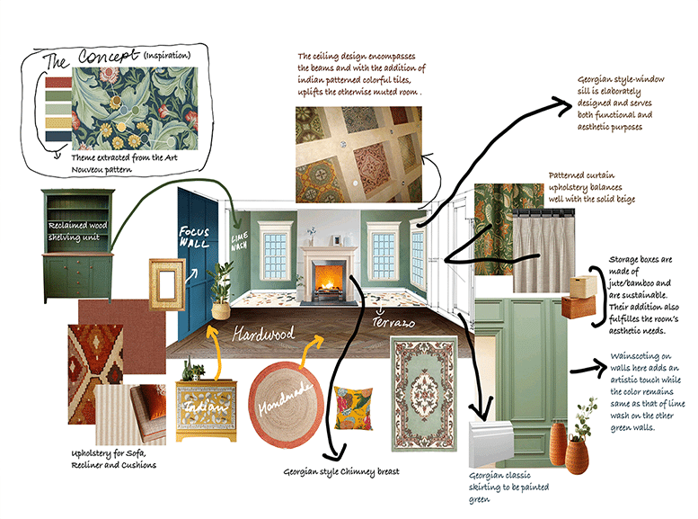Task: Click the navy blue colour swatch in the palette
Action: pyautogui.click(x=58, y=137)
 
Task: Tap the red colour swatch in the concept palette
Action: pyautogui.click(x=58, y=83)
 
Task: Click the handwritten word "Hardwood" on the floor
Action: pyautogui.click(x=263, y=334)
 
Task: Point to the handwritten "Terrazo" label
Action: pyautogui.click(x=393, y=322)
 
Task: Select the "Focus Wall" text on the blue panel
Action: pyautogui.click(x=194, y=237)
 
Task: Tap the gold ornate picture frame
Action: pyautogui.click(x=166, y=284)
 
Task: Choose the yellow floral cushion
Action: pyautogui.click(x=353, y=408)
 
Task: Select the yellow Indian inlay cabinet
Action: pyautogui.click(x=206, y=409)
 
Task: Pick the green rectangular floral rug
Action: pyautogui.click(x=424, y=394)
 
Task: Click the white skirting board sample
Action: pyautogui.click(x=491, y=443)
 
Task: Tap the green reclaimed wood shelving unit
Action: pyautogui.click(x=78, y=246)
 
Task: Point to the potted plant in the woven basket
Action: pyautogui.click(x=221, y=291)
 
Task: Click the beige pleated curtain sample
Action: pyautogui.click(x=543, y=251)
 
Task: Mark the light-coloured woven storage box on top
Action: pyautogui.click(x=583, y=286)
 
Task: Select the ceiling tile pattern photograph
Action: pyautogui.click(x=358, y=155)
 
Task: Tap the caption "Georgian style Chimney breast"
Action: pyautogui.click(x=341, y=471)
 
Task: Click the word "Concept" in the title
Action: pyautogui.click(x=109, y=56)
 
